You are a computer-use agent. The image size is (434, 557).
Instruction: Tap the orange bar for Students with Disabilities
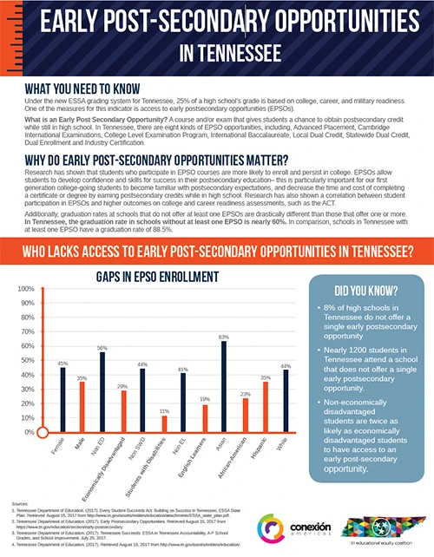[164, 424]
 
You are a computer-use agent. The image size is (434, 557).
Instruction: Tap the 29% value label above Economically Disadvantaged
[123, 385]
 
